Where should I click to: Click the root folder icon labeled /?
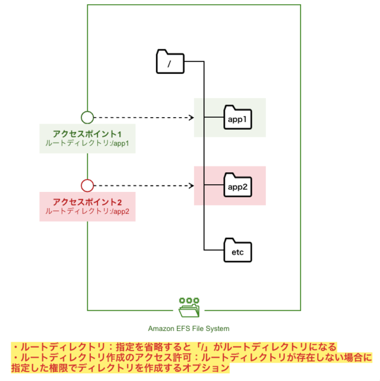[170, 62]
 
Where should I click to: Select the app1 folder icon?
[237, 118]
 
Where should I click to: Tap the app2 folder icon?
[237, 185]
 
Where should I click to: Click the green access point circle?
[87, 117]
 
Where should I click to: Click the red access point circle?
[87, 185]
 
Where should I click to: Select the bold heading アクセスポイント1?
[87, 134]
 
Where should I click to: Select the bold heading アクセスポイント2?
[87, 201]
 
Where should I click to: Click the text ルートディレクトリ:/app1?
[87, 144]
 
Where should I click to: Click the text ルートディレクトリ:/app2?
[87, 212]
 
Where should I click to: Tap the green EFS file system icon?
[189, 308]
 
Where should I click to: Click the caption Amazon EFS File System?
[189, 328]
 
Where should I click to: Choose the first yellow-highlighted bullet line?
[174, 347]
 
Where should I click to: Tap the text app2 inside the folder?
[237, 187]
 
